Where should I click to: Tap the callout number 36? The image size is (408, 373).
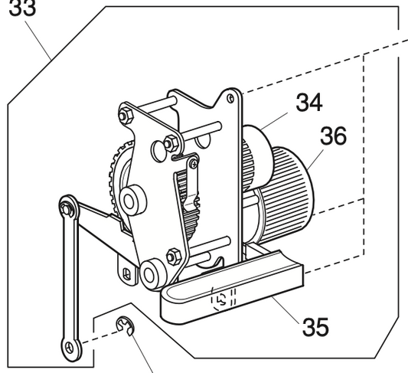[333, 136]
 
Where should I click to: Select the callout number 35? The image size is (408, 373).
[315, 326]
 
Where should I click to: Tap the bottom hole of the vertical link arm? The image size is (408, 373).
[71, 347]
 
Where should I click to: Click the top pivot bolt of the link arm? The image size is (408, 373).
[67, 204]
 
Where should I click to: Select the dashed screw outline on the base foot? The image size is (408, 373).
[222, 299]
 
